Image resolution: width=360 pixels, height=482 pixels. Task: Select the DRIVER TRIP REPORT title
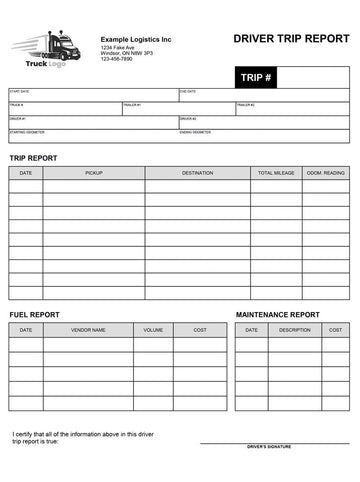click(x=290, y=38)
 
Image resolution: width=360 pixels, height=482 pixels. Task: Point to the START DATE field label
click(x=20, y=91)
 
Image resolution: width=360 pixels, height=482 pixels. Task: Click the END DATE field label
click(x=188, y=91)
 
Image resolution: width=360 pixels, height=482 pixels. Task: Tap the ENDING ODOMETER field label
click(x=197, y=132)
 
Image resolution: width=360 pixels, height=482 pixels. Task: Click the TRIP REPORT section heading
click(x=34, y=158)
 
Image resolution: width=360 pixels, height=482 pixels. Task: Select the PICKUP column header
click(x=93, y=173)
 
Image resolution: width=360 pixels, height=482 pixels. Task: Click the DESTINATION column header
click(x=197, y=173)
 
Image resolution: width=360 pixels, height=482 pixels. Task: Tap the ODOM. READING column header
click(x=326, y=173)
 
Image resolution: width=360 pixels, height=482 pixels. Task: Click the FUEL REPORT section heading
click(x=34, y=314)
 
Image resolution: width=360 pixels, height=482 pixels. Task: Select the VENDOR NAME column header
click(x=88, y=329)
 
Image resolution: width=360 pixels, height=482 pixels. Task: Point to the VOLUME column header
click(x=153, y=329)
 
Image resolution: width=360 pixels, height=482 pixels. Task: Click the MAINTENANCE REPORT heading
click(x=277, y=314)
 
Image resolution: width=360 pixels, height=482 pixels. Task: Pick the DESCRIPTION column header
click(x=295, y=329)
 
